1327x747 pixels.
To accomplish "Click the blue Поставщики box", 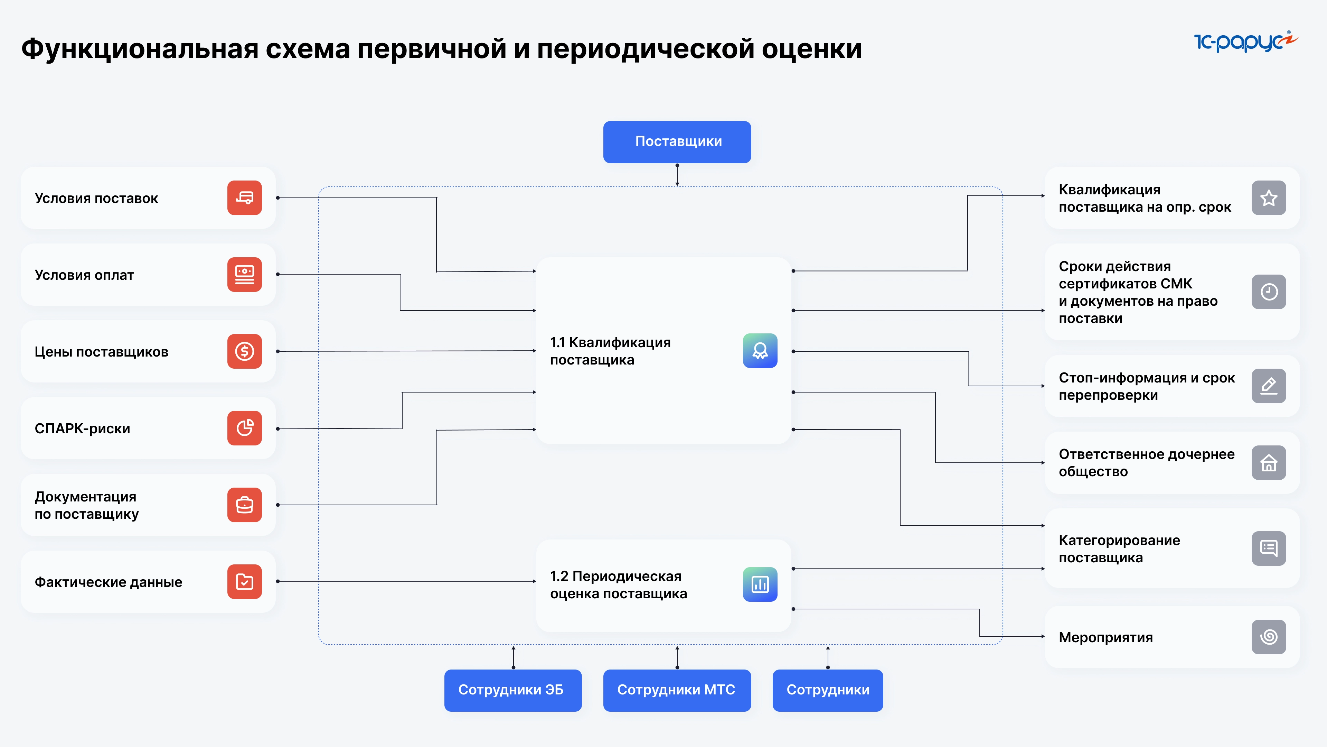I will click(677, 142).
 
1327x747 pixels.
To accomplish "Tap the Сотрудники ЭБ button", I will click(512, 690).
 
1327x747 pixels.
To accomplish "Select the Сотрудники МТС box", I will click(677, 690).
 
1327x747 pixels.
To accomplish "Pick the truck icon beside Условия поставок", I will click(244, 198).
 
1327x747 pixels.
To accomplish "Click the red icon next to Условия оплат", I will click(244, 274).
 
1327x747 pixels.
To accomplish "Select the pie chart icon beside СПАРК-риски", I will click(244, 428).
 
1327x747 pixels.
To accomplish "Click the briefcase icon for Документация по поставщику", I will click(244, 505).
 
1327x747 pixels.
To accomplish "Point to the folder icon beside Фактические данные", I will click(244, 581).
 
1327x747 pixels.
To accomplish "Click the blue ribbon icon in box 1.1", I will click(760, 351).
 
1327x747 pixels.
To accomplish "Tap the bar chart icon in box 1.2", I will click(760, 584).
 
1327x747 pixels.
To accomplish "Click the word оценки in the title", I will click(811, 49).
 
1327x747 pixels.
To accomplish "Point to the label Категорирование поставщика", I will click(1119, 548).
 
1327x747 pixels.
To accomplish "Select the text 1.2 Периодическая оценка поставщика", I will click(618, 584).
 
